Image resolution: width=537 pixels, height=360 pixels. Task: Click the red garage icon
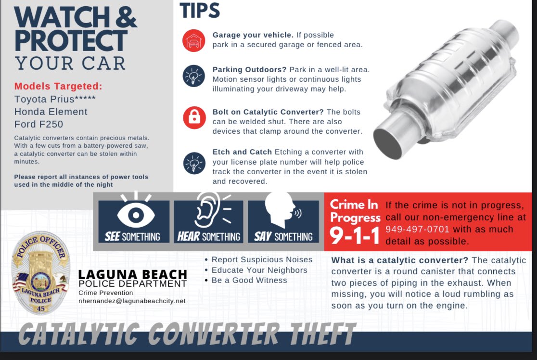coord(193,40)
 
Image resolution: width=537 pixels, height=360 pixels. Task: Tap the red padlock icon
coord(194,117)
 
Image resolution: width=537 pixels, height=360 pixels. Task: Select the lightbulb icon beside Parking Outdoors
coord(193,76)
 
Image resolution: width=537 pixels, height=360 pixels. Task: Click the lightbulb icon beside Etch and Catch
coord(194,163)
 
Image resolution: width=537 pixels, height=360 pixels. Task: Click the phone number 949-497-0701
coord(417,229)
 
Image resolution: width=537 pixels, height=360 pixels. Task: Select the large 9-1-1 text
coord(355,236)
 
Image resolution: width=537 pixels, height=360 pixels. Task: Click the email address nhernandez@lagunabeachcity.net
coord(132,301)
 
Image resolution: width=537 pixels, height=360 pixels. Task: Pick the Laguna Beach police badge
coord(41,273)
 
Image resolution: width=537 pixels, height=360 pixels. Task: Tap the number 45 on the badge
coord(41,309)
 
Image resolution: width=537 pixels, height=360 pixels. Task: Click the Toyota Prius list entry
coord(55,99)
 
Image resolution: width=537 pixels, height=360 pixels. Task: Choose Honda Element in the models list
coord(51,112)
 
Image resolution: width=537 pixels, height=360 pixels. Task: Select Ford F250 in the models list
coord(38,124)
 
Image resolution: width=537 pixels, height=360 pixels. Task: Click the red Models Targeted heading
coord(58,86)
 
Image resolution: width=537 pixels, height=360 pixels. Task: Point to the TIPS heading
coord(200,11)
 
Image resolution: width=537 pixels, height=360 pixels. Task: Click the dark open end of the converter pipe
coord(388,144)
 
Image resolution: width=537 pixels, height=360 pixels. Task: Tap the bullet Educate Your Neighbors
coord(259,270)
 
